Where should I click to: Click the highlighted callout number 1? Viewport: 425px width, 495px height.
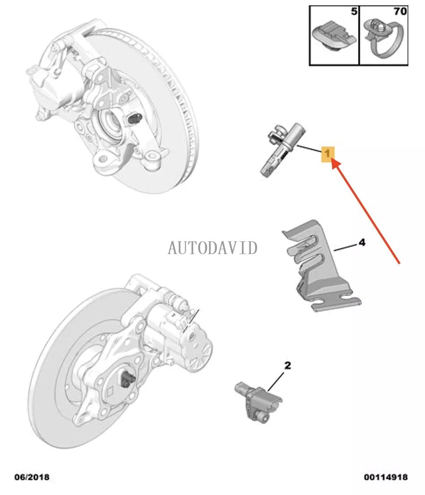pyautogui.click(x=328, y=154)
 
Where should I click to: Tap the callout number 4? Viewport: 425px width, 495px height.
pyautogui.click(x=361, y=242)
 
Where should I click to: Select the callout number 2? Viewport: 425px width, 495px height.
pyautogui.click(x=288, y=365)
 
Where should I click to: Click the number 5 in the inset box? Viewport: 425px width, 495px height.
pyautogui.click(x=354, y=12)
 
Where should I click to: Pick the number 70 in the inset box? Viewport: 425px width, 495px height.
pyautogui.click(x=400, y=11)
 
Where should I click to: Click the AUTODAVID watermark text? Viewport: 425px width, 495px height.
pyautogui.click(x=212, y=248)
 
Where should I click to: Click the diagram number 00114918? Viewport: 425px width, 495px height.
pyautogui.click(x=385, y=477)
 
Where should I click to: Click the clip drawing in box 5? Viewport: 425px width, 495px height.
pyautogui.click(x=334, y=35)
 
